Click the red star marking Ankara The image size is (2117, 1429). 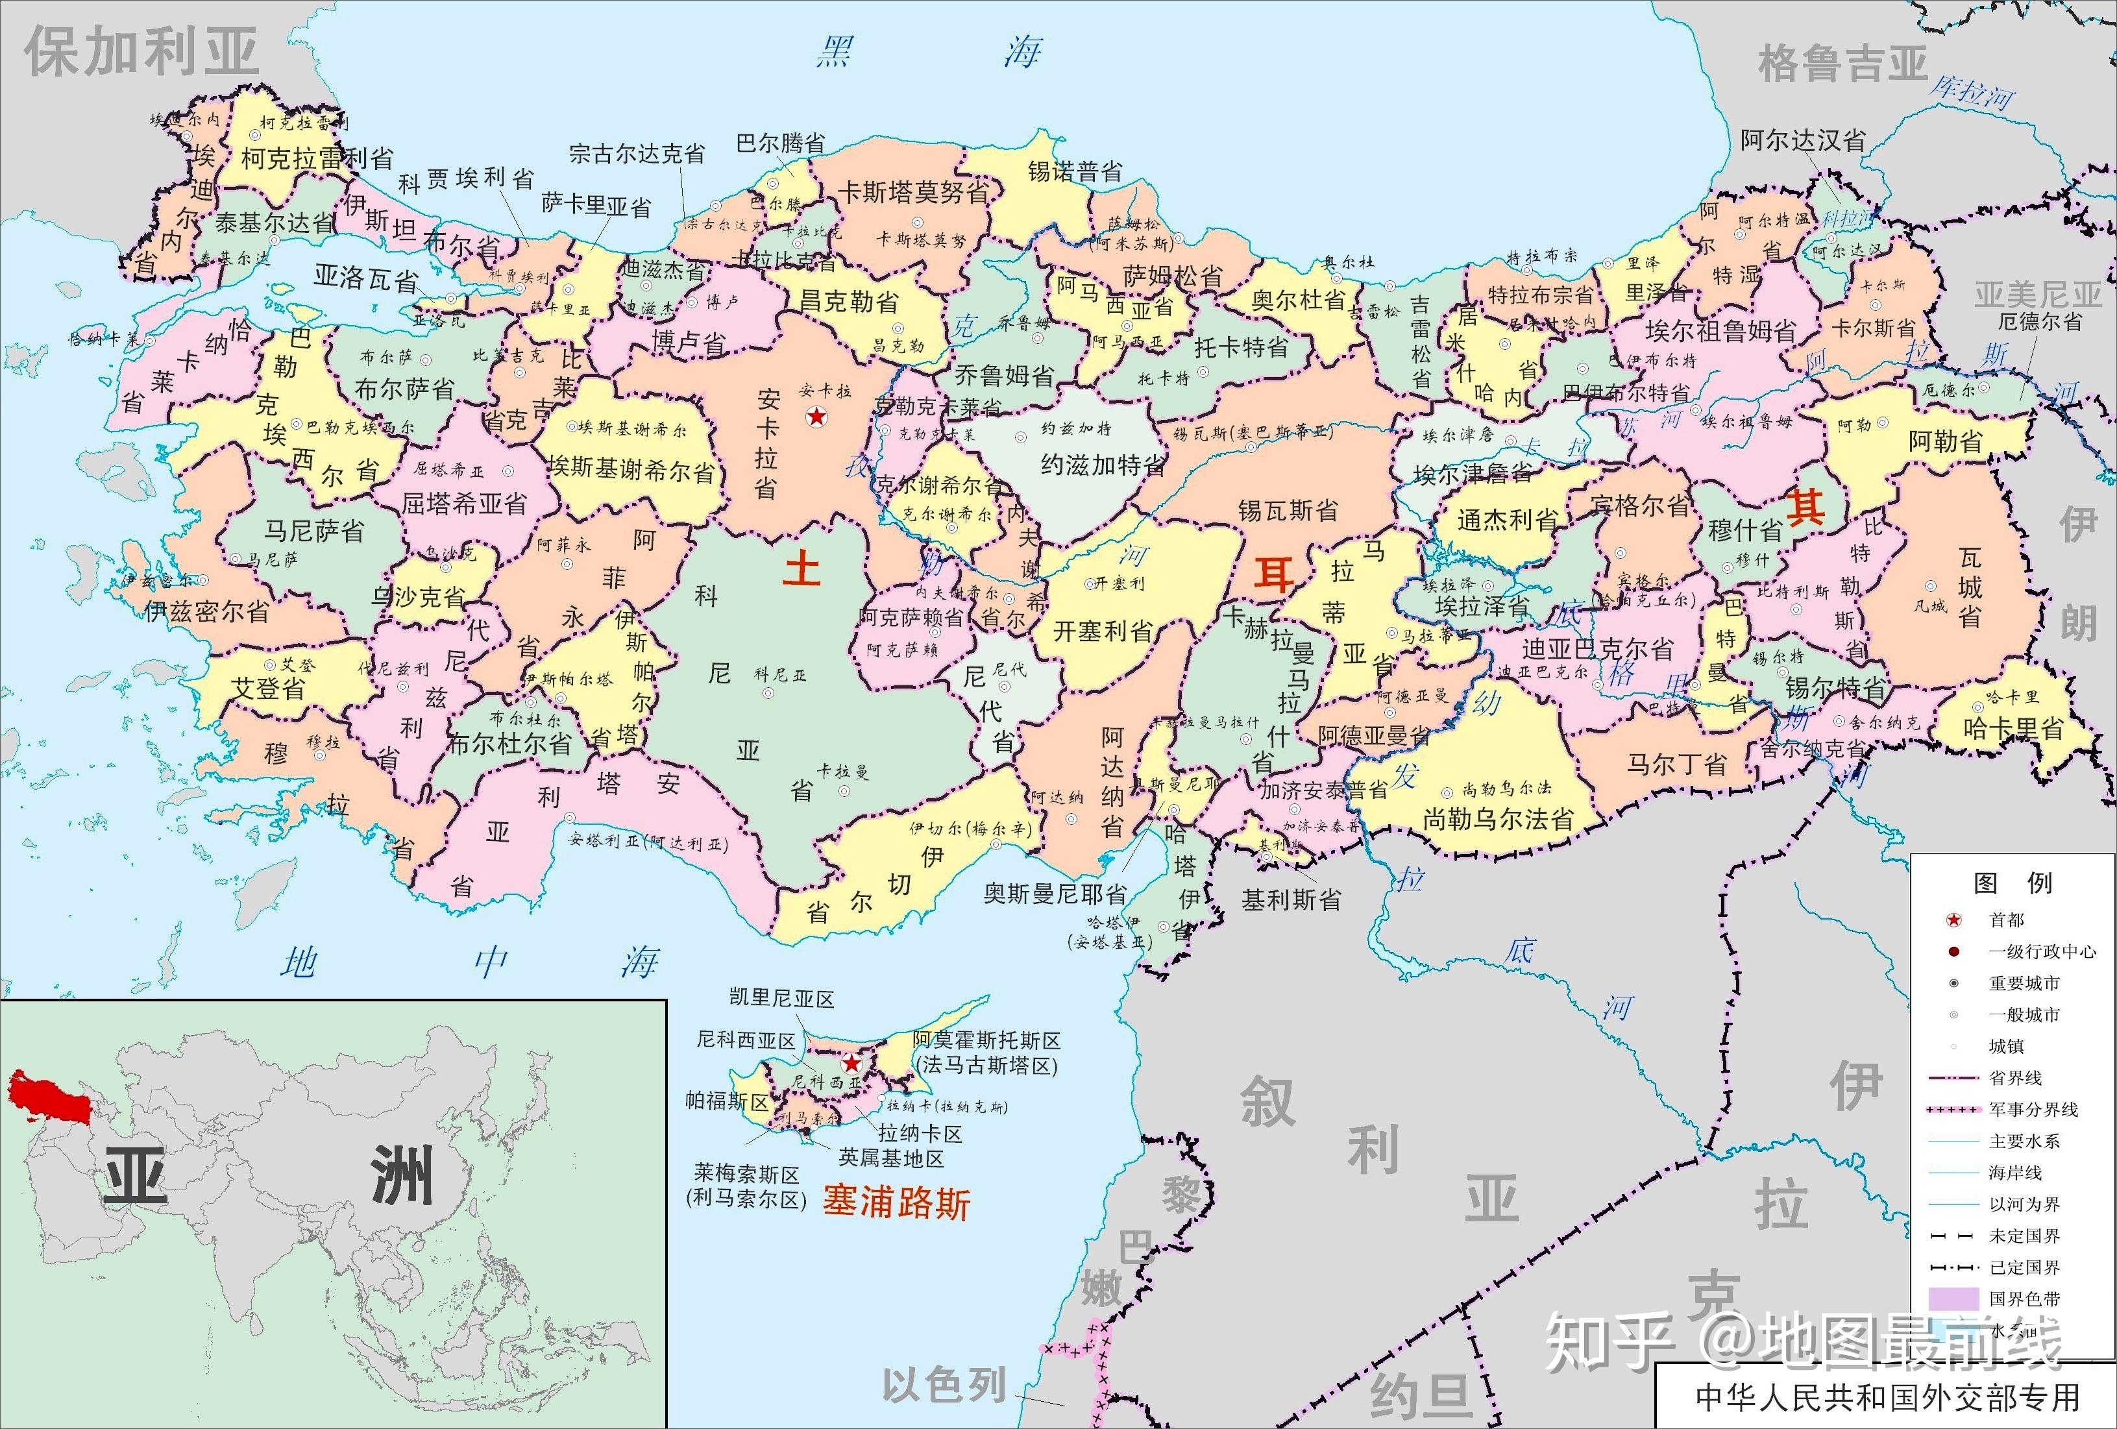pyautogui.click(x=816, y=418)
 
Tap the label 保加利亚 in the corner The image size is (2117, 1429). pyautogui.click(x=141, y=52)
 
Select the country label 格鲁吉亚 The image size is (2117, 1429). pyautogui.click(x=1843, y=64)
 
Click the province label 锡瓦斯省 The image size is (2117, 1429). pyautogui.click(x=1287, y=510)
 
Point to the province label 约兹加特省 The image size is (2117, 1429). pyautogui.click(x=1103, y=465)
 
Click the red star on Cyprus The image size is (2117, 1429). pyautogui.click(x=851, y=1063)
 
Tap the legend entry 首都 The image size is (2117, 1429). pyautogui.click(x=2006, y=920)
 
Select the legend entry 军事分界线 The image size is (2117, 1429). pyautogui.click(x=2033, y=1109)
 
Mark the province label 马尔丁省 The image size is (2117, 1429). pyautogui.click(x=1677, y=763)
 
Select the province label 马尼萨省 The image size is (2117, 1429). pyautogui.click(x=314, y=530)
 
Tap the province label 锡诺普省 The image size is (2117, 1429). pyautogui.click(x=1075, y=171)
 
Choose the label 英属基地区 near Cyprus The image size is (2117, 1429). pyautogui.click(x=891, y=1158)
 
